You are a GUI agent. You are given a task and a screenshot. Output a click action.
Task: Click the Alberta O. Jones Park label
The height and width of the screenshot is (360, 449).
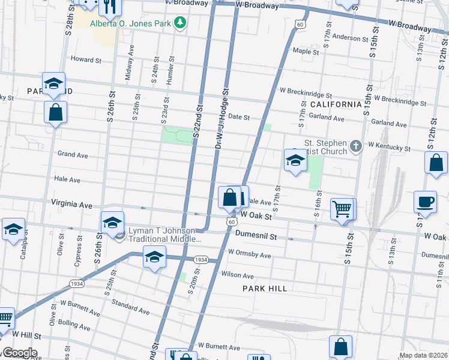131,23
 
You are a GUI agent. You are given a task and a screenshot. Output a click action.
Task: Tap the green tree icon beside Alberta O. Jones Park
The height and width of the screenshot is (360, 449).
179,23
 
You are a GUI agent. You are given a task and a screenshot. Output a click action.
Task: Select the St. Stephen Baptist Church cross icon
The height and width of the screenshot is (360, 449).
356,146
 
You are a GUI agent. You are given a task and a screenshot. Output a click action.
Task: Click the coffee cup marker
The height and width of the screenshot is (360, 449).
426,202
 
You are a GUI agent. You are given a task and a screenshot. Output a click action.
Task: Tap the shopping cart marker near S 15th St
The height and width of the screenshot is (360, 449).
342,209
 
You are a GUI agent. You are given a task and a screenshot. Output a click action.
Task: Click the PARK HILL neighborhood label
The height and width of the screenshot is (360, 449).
264,289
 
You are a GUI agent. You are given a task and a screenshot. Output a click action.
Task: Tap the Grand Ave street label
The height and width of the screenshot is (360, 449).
73,155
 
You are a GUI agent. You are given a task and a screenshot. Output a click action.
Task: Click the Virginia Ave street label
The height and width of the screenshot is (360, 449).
72,204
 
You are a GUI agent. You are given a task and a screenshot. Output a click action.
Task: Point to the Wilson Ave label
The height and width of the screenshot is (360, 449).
238,275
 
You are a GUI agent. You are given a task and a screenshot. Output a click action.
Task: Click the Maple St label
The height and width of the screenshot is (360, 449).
306,52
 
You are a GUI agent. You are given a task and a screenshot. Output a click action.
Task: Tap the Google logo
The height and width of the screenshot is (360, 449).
19,353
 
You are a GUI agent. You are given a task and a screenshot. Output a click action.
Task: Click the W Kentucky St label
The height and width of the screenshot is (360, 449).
389,146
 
